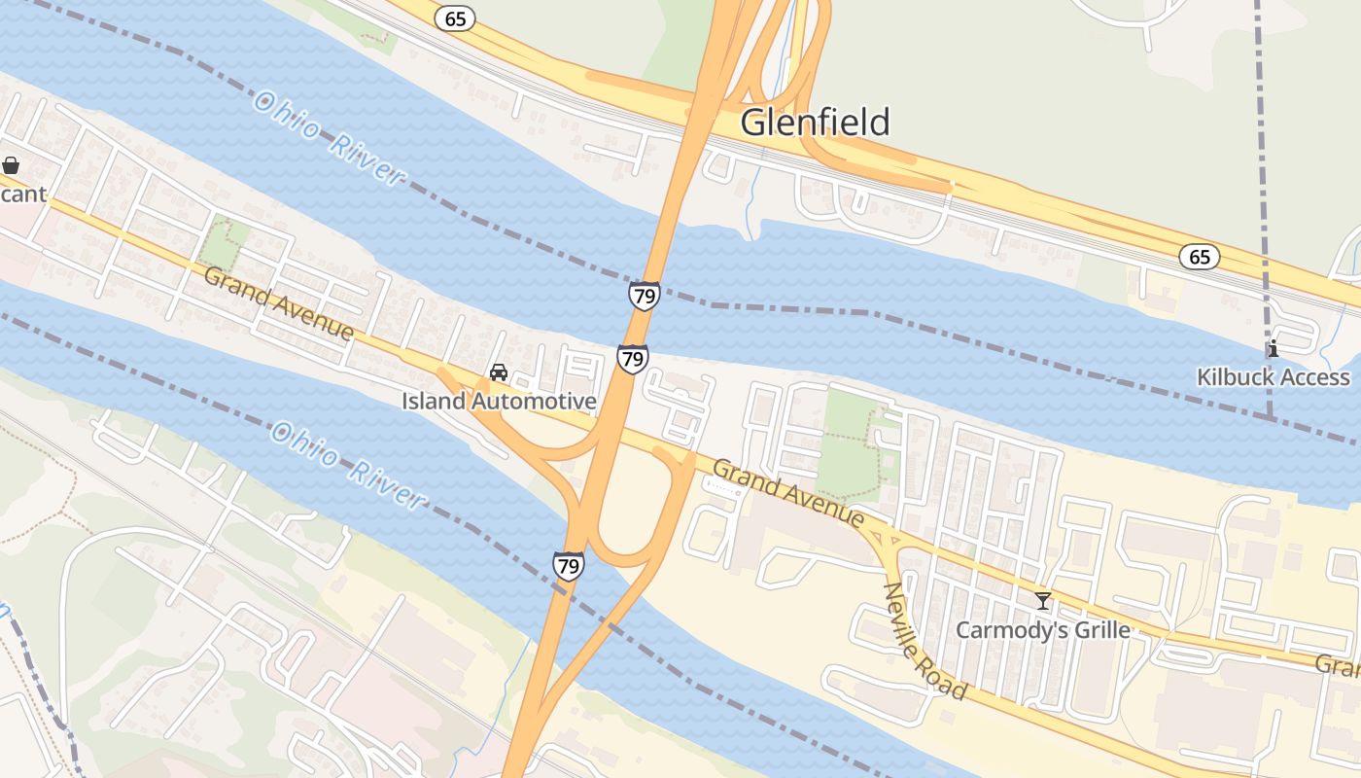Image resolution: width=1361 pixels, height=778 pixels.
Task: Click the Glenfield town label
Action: click(815, 123)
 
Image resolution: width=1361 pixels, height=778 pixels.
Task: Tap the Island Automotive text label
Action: click(499, 401)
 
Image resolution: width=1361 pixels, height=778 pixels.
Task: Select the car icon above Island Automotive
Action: click(499, 372)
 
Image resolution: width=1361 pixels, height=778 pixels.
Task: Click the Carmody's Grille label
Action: click(1042, 630)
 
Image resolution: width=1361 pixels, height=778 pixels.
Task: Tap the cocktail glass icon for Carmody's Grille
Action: click(1043, 601)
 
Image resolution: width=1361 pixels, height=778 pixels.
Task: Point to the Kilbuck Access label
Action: click(1273, 377)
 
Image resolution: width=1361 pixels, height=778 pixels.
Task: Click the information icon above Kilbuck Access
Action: click(1272, 348)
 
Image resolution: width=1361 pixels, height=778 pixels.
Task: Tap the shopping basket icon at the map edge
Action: click(11, 166)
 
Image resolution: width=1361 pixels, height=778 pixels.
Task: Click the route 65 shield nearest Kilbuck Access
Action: click(1200, 257)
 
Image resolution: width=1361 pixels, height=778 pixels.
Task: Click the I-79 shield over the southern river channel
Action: click(569, 565)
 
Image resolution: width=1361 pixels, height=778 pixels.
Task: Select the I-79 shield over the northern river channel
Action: click(644, 295)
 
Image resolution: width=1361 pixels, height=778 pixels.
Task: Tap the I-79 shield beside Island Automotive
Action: click(632, 358)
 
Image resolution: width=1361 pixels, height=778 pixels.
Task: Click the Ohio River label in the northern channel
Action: click(328, 137)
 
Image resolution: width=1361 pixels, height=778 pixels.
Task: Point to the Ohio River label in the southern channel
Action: click(347, 464)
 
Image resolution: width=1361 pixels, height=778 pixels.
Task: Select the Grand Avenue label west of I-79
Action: click(279, 303)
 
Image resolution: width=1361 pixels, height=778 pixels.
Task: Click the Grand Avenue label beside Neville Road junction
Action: click(787, 493)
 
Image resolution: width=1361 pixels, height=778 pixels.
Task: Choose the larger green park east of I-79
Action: click(848, 442)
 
